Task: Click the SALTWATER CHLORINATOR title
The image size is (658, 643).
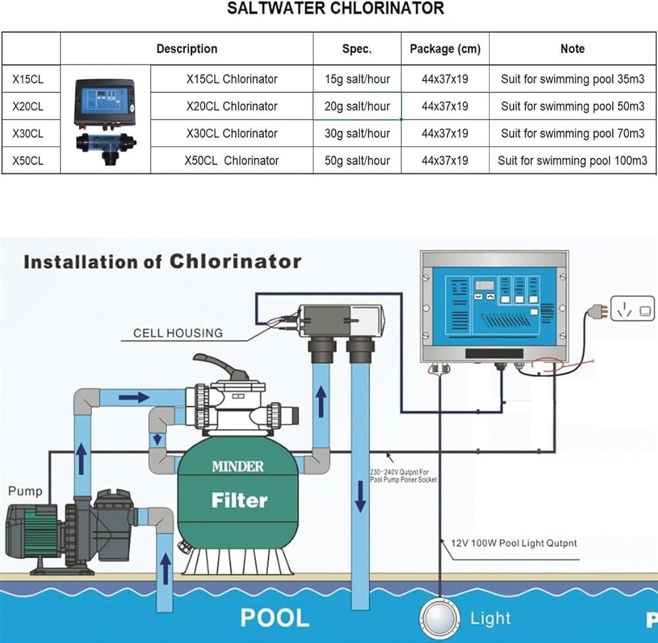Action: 336,9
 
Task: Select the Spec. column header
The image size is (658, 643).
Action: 357,49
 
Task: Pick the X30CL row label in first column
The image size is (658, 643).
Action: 28,133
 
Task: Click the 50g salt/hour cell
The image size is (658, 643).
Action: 357,160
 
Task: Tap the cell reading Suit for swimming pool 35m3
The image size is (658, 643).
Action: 572,79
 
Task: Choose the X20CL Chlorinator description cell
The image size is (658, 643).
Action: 232,106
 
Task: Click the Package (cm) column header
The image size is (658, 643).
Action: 445,49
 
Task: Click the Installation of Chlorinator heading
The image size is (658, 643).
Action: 162,262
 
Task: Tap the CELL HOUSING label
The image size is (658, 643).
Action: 178,333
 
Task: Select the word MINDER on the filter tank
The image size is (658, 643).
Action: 238,466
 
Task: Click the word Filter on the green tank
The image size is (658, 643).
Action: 240,501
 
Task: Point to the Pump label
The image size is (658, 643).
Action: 25,491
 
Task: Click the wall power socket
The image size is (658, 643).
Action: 632,308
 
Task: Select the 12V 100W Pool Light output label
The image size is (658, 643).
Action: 514,543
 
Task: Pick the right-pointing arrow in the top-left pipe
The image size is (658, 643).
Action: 134,397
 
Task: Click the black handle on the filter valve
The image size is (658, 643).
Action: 220,367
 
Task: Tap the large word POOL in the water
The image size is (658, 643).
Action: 274,617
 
